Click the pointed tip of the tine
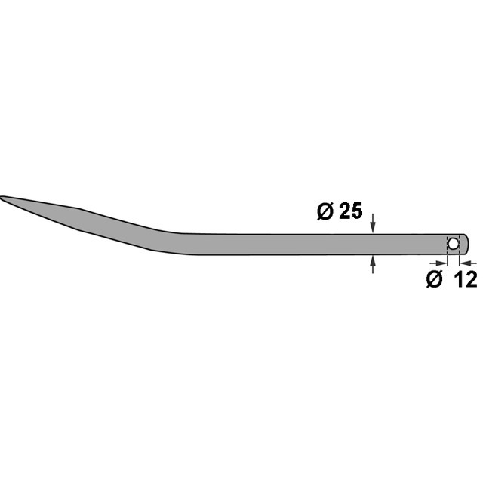(x=2, y=198)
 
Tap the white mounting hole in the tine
(x=453, y=244)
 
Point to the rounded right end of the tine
(x=468, y=244)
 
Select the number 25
(x=349, y=212)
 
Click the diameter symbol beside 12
(x=434, y=278)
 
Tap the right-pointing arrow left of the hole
(x=441, y=263)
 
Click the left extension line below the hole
(x=448, y=260)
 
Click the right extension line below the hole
(x=459, y=260)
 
